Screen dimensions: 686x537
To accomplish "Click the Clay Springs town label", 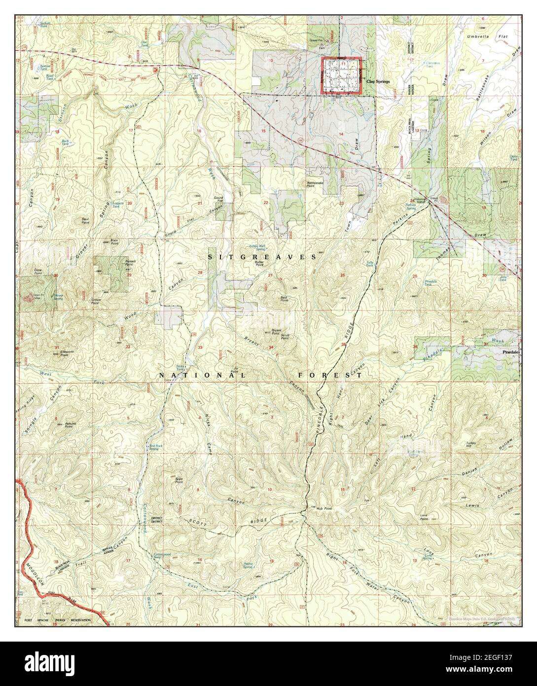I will pyautogui.click(x=378, y=82).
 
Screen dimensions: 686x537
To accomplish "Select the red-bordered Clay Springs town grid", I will pyautogui.click(x=342, y=76).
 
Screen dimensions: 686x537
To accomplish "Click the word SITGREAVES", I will pyautogui.click(x=262, y=257).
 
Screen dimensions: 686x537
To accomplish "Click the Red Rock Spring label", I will pyautogui.click(x=154, y=448).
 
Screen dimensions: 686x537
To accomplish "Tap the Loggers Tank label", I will pyautogui.click(x=118, y=203).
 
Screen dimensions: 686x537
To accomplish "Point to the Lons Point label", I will pyautogui.click(x=423, y=518).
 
